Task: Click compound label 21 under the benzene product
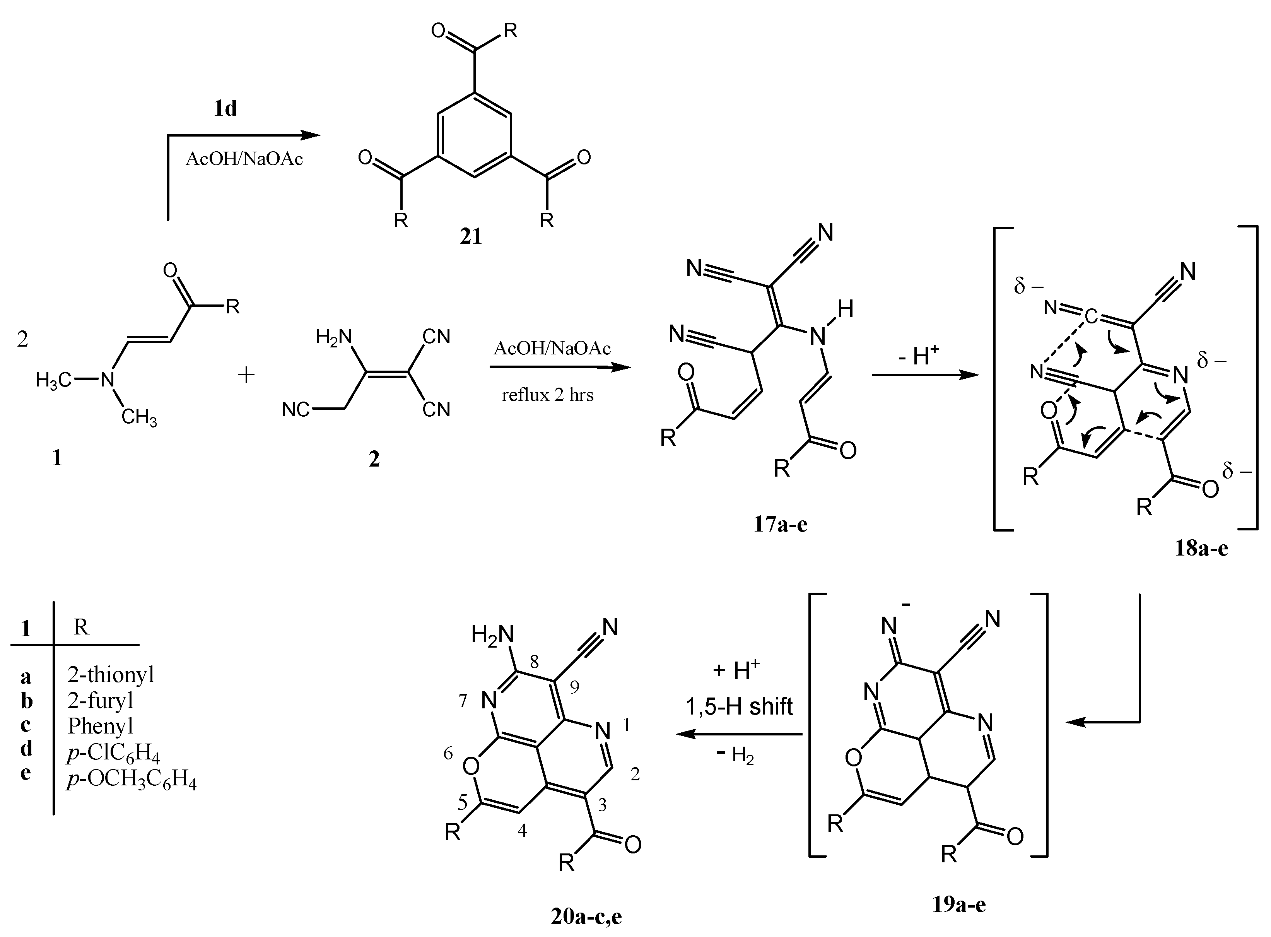pyautogui.click(x=470, y=236)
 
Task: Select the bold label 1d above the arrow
pyautogui.click(x=225, y=108)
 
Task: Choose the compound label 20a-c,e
pyautogui.click(x=586, y=916)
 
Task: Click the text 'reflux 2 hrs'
pyautogui.click(x=547, y=395)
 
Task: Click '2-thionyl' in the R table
pyautogui.click(x=111, y=674)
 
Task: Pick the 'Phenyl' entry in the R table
pyautogui.click(x=101, y=725)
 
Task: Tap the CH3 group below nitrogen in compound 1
pyautogui.click(x=139, y=419)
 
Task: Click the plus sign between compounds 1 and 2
pyautogui.click(x=246, y=375)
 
